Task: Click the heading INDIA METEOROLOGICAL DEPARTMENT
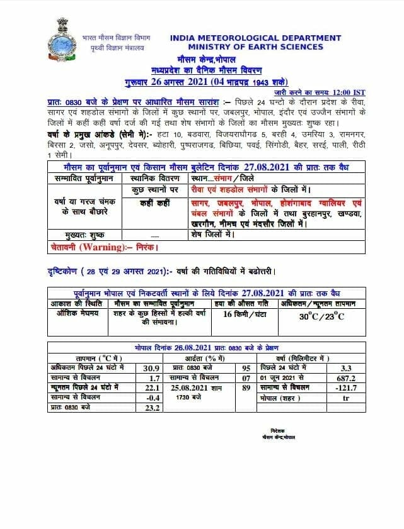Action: coord(255,38)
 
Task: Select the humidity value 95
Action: coord(246,367)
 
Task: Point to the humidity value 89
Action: coord(246,387)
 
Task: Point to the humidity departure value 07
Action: coord(246,377)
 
